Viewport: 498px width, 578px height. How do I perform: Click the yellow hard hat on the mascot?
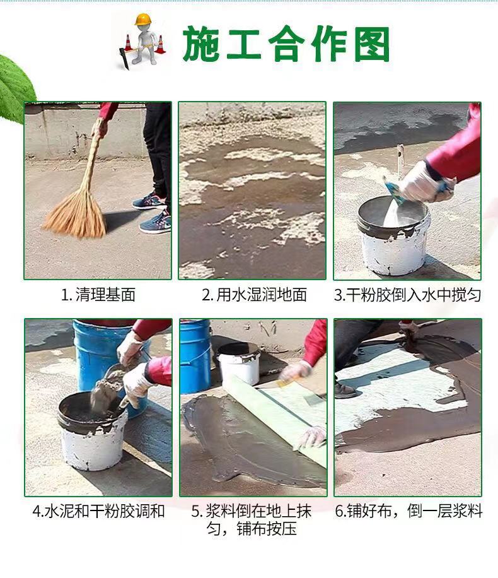[143, 19]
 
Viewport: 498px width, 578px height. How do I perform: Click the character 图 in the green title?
[372, 44]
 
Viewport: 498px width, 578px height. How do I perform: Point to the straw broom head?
[76, 215]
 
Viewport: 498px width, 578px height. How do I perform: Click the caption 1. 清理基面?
[98, 295]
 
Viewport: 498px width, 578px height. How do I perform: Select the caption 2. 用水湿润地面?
[254, 295]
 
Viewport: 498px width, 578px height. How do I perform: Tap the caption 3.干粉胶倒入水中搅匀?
[407, 295]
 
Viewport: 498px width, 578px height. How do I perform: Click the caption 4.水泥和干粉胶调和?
[98, 511]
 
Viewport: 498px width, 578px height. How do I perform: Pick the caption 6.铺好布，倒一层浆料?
[408, 511]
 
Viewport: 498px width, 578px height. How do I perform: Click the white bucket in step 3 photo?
[393, 236]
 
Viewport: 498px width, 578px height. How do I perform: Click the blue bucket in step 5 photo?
[195, 356]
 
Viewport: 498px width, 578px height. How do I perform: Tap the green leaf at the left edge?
[14, 86]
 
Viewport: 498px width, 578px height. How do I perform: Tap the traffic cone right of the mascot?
[160, 45]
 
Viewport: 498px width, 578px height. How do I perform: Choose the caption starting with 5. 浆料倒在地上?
[252, 520]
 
